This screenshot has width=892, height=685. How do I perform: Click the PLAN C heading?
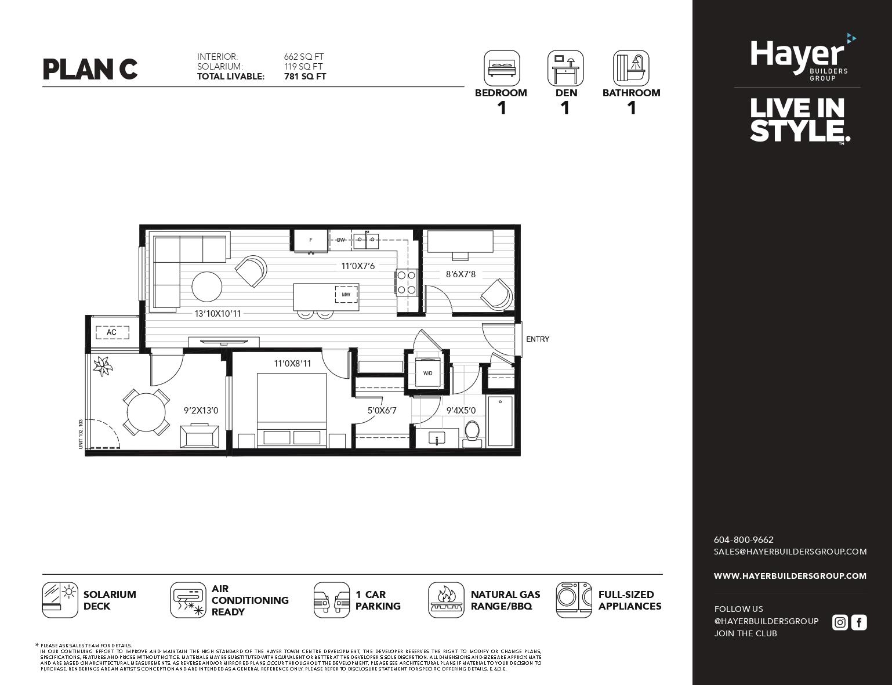point(90,69)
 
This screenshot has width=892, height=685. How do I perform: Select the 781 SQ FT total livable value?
point(305,77)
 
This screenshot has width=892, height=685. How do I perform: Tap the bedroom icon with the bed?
point(502,68)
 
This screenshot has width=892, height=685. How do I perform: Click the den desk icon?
point(565,68)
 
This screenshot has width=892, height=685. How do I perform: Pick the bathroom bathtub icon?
point(631,68)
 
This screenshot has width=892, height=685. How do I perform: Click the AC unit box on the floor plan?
point(111,332)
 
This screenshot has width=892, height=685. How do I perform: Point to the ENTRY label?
point(538,339)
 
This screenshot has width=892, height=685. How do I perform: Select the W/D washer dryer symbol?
point(427,373)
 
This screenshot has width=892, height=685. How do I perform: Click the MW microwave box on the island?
point(346,295)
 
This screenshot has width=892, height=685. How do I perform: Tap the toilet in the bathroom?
point(473,433)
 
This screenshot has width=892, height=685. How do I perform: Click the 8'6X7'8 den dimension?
point(460,274)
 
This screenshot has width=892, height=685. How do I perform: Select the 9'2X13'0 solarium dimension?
point(201,411)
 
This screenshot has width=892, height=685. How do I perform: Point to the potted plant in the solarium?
point(103,365)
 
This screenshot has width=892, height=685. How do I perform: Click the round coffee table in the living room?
point(207,287)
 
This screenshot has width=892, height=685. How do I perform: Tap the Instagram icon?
point(839,622)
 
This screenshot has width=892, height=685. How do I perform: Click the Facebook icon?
point(859,622)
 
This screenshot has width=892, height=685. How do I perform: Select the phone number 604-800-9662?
point(744,539)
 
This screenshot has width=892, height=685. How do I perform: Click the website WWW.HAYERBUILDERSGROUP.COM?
point(790,576)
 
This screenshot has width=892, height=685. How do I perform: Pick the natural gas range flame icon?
point(446,600)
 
